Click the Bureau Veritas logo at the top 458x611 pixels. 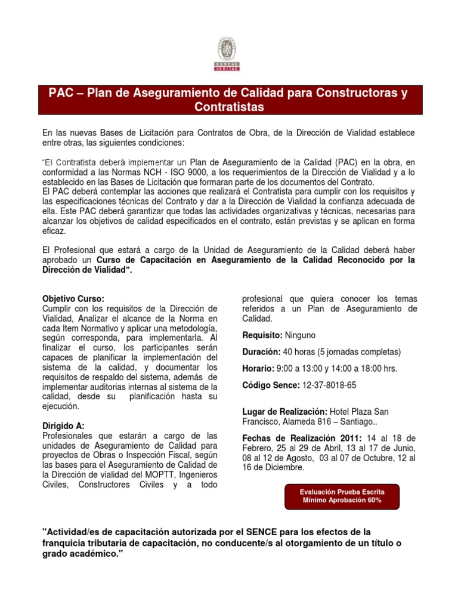pos(226,53)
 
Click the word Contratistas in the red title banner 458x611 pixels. pos(229,107)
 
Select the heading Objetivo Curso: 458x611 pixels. pos(73,298)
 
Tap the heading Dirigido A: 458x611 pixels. pos(64,426)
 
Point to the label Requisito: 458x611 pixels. pos(262,335)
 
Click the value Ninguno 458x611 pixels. pos(300,335)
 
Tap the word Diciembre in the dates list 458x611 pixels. pos(282,468)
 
